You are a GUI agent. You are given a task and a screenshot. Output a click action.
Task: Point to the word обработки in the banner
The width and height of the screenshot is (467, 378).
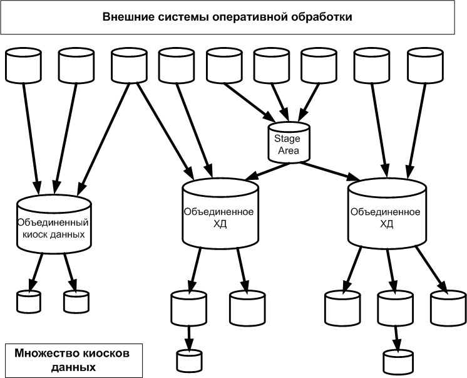(323, 17)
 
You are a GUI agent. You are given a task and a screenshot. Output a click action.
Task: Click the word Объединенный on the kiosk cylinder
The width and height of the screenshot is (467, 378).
(53, 223)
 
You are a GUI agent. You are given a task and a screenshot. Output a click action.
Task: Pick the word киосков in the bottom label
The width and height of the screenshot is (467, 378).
(107, 354)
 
